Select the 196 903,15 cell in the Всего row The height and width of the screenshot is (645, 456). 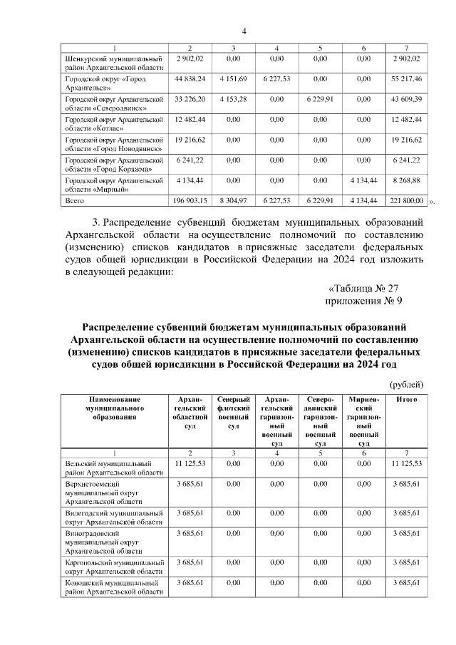coord(190,202)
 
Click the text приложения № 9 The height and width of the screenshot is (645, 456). coord(368,301)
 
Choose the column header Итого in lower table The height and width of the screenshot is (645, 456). coord(406,399)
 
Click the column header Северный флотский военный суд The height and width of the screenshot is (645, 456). coord(234,412)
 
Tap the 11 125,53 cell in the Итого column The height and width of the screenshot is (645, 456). coord(407,463)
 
